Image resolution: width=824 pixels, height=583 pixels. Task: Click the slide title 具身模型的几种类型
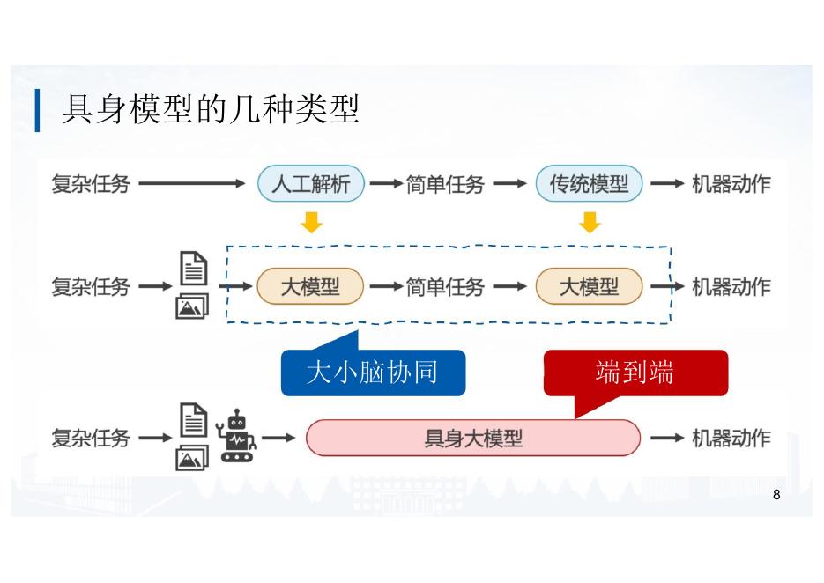[x=211, y=111]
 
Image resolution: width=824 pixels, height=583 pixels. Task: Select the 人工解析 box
[x=310, y=184]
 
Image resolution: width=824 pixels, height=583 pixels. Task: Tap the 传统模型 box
[x=589, y=184]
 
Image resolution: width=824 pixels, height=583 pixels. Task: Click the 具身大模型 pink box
[x=473, y=438]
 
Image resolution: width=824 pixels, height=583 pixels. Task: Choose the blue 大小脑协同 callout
[x=372, y=373]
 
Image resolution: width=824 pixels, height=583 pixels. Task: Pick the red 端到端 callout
[x=635, y=373]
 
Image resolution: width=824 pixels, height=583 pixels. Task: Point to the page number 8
[x=776, y=494]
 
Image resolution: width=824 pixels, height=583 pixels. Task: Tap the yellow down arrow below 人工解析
[x=311, y=223]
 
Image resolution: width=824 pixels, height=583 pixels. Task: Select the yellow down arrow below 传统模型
[x=590, y=223]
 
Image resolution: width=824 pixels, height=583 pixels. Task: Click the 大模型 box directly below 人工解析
[x=310, y=286]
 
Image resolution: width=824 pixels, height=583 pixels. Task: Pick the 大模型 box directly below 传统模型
[x=589, y=286]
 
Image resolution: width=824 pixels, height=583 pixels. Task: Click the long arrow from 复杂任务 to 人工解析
[x=191, y=184]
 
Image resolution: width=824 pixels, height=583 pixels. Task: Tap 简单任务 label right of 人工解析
[x=445, y=184]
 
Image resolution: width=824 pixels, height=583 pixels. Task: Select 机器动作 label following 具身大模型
[x=731, y=438]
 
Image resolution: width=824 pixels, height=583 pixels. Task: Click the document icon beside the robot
[x=194, y=419]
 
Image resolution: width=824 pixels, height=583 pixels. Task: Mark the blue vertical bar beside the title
[x=38, y=111]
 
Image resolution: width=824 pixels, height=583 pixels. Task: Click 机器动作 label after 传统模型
[x=731, y=184]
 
